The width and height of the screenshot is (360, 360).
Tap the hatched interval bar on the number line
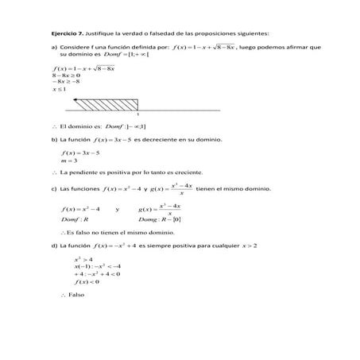106,104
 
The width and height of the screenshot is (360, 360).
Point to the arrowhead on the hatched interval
75,101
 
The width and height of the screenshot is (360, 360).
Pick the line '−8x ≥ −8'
65,82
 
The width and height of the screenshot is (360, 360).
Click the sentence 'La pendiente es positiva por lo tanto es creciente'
131,172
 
